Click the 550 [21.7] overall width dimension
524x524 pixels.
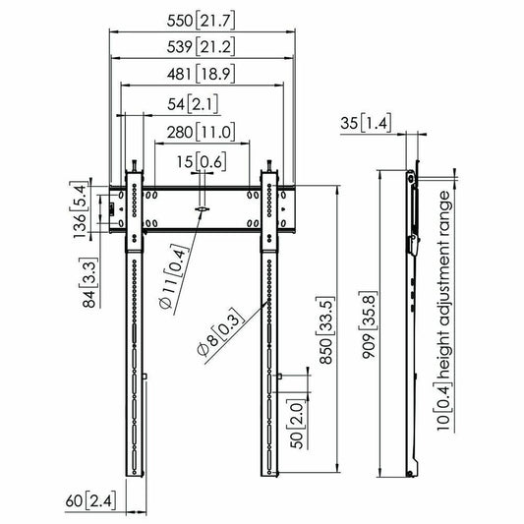tap(201, 21)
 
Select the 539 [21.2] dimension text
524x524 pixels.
tap(201, 47)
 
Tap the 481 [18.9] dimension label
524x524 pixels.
tap(201, 74)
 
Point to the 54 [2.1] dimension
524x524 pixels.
tap(193, 104)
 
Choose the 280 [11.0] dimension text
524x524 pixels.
tap(201, 133)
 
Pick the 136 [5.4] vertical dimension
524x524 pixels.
tap(80, 209)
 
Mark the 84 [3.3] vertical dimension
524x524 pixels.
tap(89, 283)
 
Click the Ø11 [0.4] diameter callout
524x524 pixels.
tap(173, 276)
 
